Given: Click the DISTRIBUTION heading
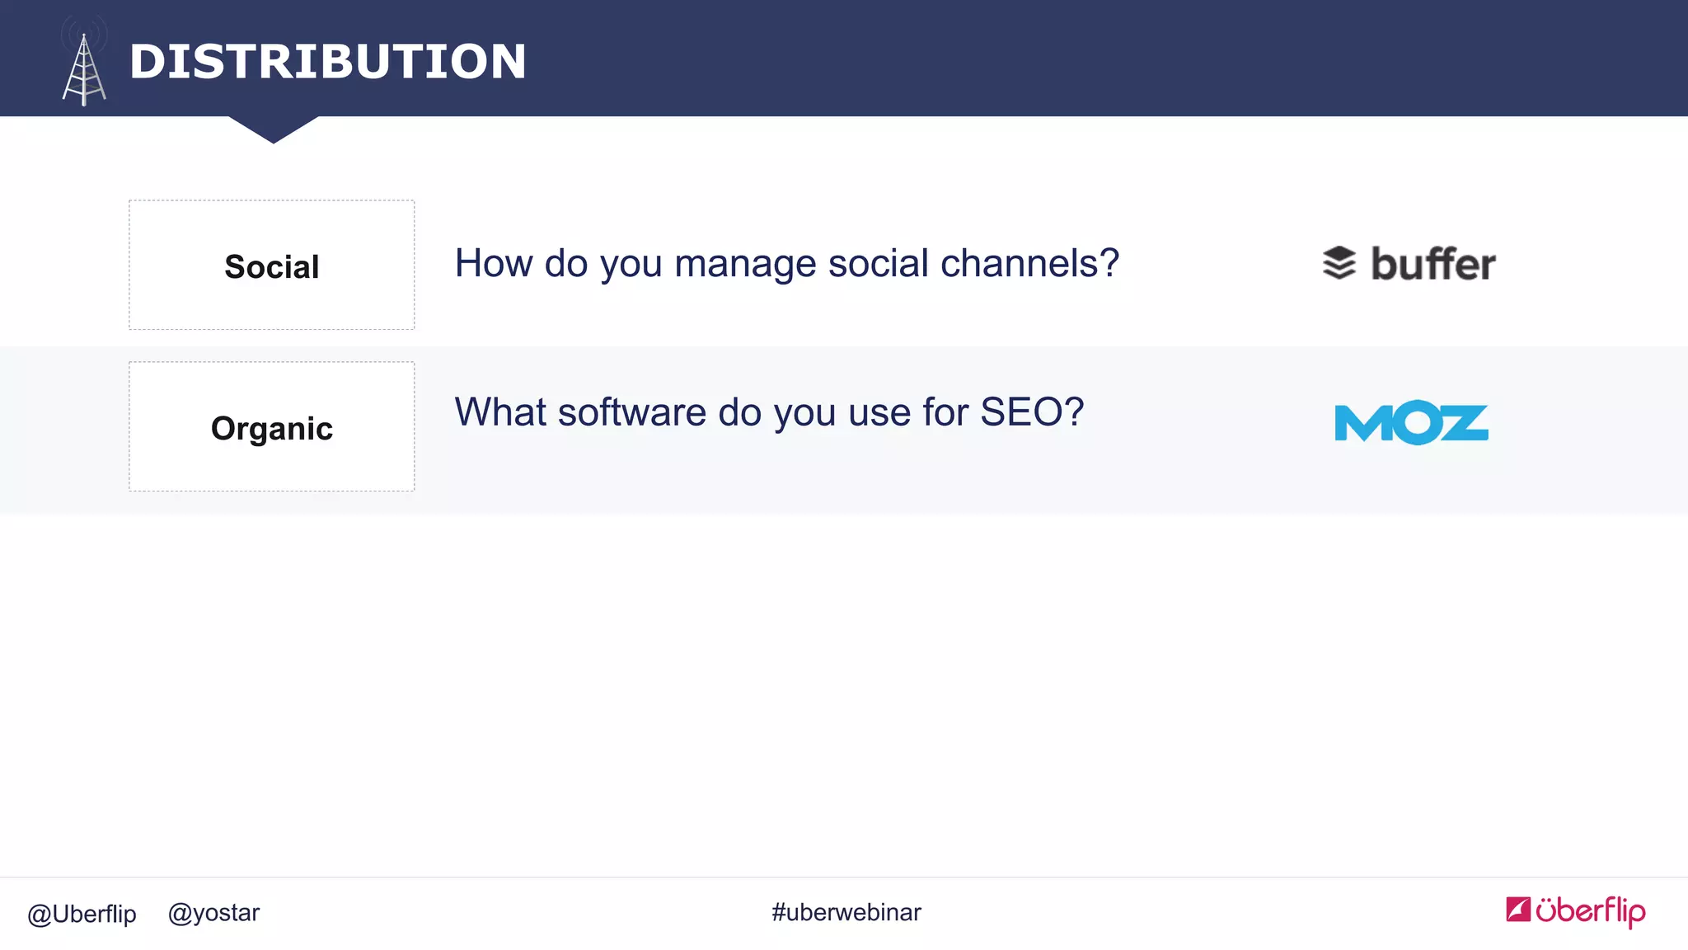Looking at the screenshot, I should pos(327,62).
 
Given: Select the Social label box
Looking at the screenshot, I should pos(271,266).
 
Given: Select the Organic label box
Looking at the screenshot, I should pos(271,427).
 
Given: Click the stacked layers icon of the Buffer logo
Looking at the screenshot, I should pos(1339,264).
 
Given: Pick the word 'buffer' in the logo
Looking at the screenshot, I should pos(1432,264).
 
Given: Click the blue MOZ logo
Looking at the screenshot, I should pos(1411,422).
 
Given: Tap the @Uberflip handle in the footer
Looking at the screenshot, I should pos(82,914).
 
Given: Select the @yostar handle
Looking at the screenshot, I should pos(213,913).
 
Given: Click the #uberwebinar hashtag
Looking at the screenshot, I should pos(846,913).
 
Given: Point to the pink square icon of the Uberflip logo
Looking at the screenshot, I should pos(1517,909).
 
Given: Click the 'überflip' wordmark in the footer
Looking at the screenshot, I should pos(1590,911).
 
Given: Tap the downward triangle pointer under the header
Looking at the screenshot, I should pos(274,129).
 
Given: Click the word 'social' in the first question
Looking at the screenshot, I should pos(879,264).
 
